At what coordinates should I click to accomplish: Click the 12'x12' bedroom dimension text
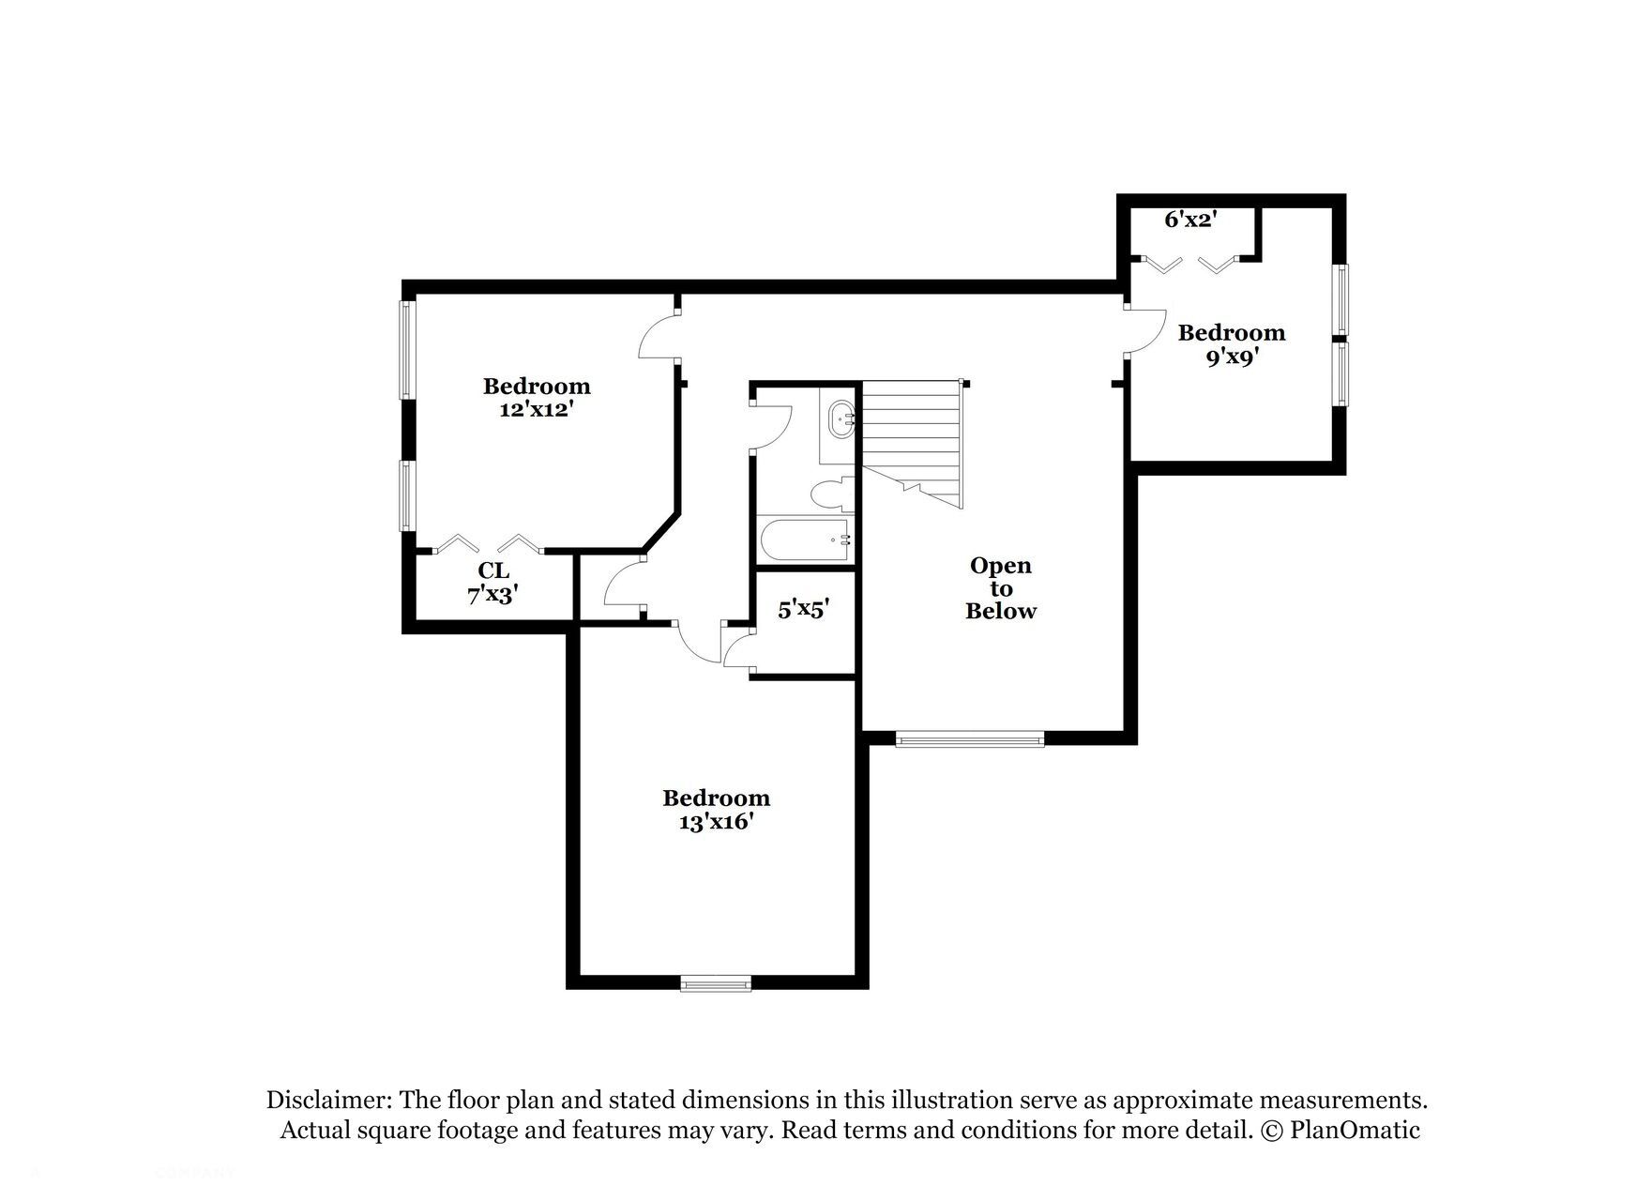536,410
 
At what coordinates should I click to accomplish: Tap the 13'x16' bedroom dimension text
716,822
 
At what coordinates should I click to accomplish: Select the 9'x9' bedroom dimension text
1231,357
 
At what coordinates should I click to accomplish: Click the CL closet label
493,570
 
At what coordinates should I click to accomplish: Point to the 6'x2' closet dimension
1190,220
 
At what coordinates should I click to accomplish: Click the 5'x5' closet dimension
803,610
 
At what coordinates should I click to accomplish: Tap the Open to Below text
1000,588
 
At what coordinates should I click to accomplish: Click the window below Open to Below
970,740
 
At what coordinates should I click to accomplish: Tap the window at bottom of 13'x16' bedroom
715,983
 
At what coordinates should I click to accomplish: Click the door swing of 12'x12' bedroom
657,338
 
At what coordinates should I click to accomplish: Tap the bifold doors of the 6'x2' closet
1191,266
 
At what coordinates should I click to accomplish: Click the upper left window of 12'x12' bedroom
406,349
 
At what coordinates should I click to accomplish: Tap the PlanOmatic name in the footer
1355,1131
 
